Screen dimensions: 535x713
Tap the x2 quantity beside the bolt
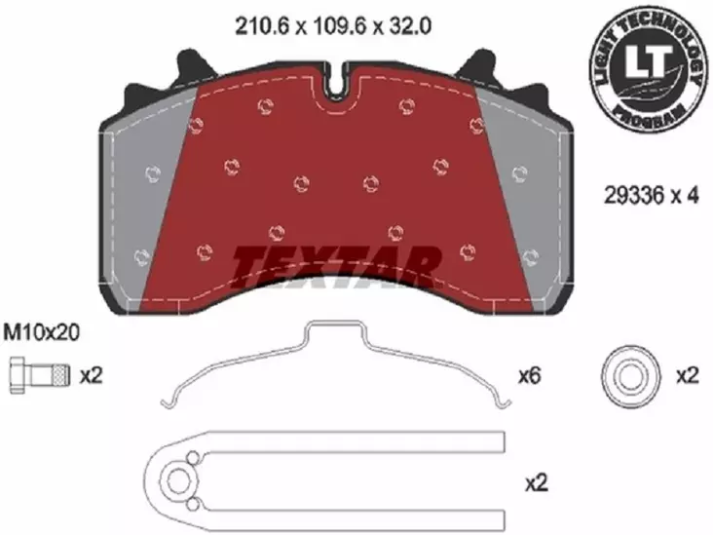[x=91, y=373]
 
